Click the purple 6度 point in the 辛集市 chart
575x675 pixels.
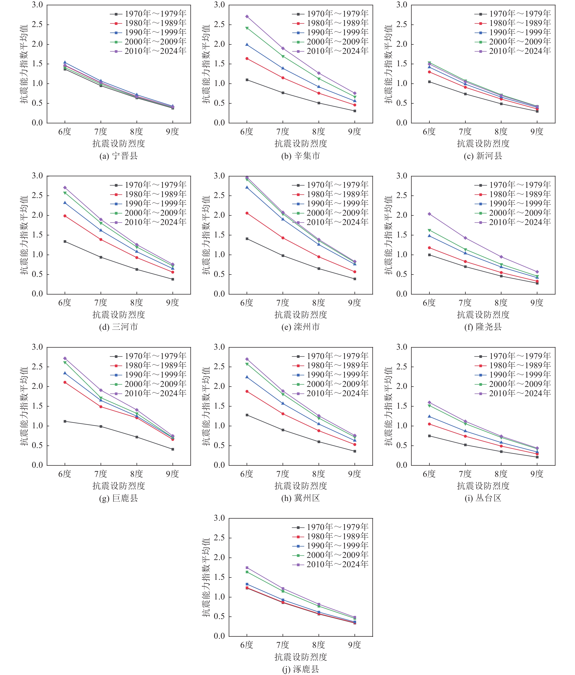(x=247, y=16)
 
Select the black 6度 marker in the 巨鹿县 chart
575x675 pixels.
(x=65, y=421)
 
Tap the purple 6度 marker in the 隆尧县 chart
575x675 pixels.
(x=429, y=214)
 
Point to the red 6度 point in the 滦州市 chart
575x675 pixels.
(x=247, y=213)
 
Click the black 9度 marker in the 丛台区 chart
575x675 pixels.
(x=537, y=457)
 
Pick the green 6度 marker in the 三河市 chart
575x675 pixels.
(x=65, y=193)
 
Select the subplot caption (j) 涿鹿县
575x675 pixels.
(x=300, y=669)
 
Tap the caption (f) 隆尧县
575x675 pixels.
(x=483, y=327)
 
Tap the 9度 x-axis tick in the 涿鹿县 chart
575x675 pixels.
(x=355, y=645)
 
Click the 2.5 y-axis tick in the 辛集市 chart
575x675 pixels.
(x=219, y=24)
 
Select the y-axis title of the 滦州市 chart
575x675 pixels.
(x=206, y=235)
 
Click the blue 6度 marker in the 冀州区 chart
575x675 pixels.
(x=247, y=377)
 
